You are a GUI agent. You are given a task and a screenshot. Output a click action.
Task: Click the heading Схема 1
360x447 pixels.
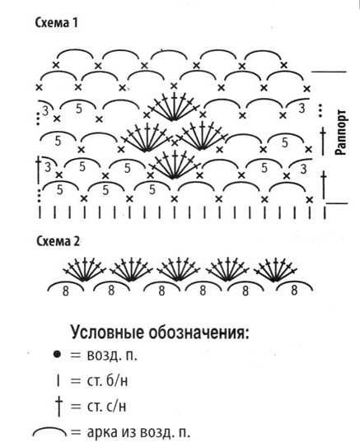click(x=56, y=23)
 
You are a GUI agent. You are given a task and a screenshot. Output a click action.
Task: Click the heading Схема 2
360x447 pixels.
click(x=58, y=241)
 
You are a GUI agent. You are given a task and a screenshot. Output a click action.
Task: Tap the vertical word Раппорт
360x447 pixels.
click(x=341, y=132)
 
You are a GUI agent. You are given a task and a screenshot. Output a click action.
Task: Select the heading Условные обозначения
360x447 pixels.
click(x=160, y=332)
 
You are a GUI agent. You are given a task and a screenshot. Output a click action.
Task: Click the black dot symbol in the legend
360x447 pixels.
click(x=57, y=355)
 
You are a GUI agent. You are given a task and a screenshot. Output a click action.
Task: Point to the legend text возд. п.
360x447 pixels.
click(x=112, y=355)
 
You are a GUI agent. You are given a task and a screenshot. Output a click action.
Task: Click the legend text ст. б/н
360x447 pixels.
click(x=107, y=381)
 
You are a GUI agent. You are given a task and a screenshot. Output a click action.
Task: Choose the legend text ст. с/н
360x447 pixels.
click(x=106, y=406)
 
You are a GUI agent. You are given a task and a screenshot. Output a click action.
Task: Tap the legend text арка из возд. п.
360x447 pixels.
click(x=138, y=432)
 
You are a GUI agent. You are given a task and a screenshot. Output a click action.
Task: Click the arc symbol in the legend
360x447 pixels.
click(x=50, y=428)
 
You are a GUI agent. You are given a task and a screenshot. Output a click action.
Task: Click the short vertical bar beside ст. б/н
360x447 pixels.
click(x=58, y=381)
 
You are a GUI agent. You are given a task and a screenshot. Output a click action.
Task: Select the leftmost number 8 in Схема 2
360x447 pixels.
click(x=66, y=291)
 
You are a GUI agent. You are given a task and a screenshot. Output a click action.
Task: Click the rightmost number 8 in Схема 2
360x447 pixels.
click(x=294, y=291)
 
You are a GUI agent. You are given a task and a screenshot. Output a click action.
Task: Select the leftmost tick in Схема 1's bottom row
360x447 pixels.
click(x=40, y=212)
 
